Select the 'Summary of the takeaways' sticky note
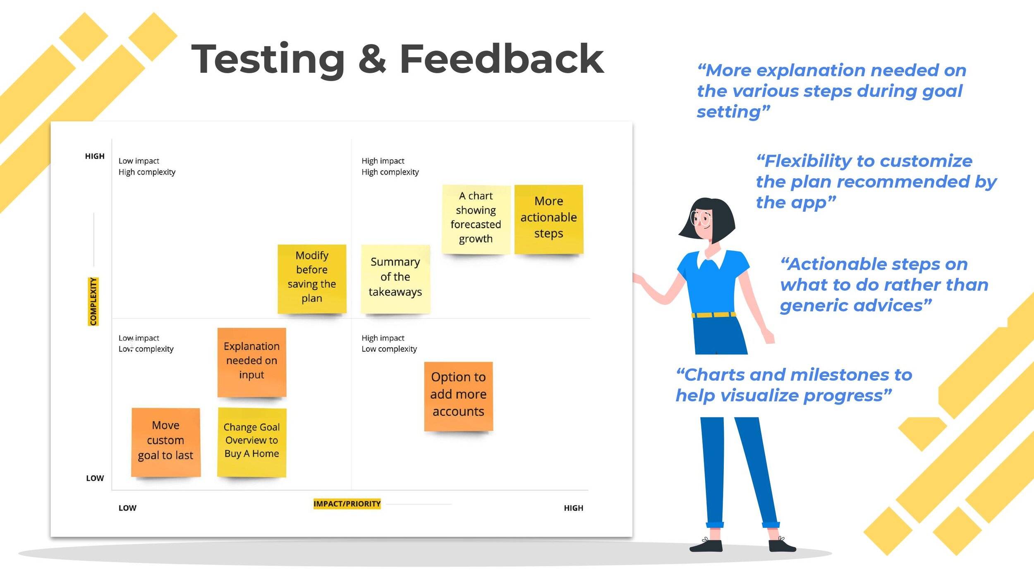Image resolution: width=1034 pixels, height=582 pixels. [x=395, y=278]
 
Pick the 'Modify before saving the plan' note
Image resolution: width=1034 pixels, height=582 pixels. [x=312, y=278]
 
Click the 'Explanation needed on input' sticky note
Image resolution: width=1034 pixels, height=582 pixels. [x=251, y=362]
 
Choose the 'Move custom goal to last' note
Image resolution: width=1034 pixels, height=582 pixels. [x=165, y=441]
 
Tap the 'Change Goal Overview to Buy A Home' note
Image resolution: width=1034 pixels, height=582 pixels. [x=251, y=441]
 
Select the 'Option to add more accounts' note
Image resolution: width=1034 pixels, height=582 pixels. [x=458, y=395]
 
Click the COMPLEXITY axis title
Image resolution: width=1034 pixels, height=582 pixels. [x=93, y=302]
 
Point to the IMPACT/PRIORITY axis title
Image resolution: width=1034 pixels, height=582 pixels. [x=347, y=504]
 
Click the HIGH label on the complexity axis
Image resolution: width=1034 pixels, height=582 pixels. [x=95, y=156]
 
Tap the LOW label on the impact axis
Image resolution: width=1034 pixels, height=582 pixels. [x=127, y=508]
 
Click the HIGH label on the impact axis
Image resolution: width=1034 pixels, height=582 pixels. [x=573, y=508]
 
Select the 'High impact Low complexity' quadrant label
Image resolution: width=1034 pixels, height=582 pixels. [x=389, y=343]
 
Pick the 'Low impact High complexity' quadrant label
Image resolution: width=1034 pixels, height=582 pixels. [x=147, y=166]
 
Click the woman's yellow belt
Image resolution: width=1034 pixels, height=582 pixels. [x=713, y=315]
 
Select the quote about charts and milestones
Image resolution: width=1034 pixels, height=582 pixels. [x=793, y=385]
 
